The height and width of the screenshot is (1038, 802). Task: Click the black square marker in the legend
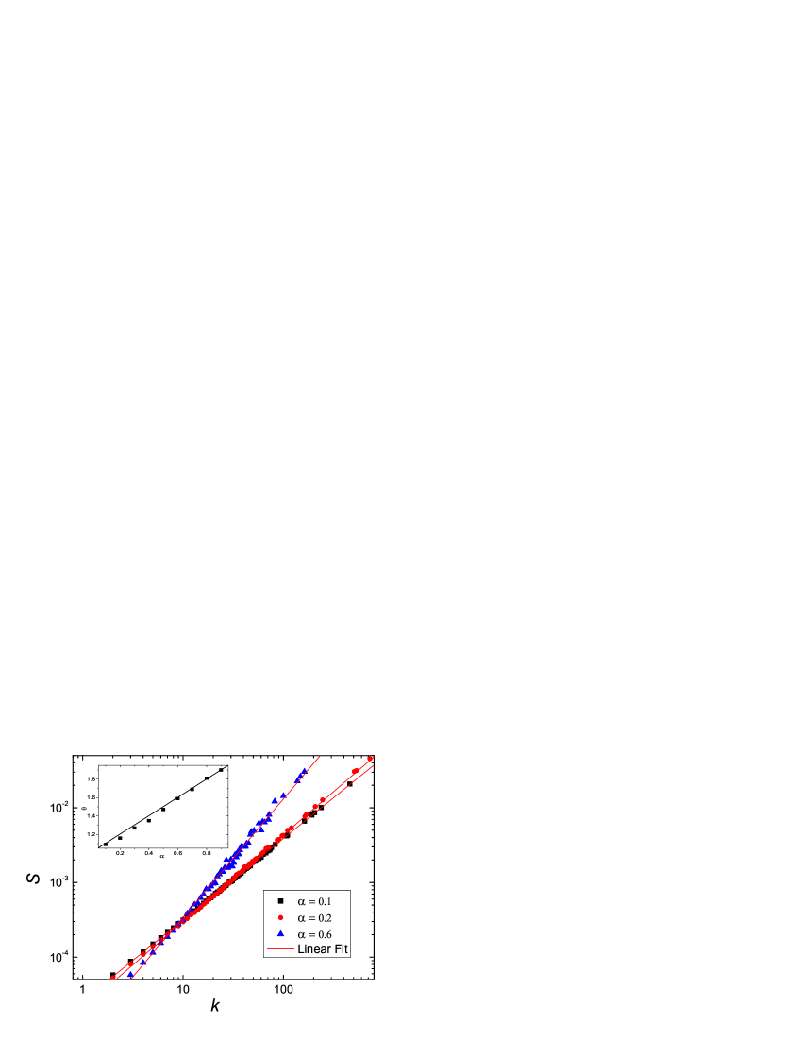(x=280, y=901)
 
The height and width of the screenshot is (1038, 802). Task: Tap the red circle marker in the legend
(x=280, y=917)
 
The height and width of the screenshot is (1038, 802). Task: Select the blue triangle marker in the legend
(x=280, y=933)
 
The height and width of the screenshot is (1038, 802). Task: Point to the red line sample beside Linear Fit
(x=280, y=948)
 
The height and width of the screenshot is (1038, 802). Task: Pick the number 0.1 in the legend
(x=324, y=901)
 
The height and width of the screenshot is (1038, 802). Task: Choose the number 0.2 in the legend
(x=324, y=917)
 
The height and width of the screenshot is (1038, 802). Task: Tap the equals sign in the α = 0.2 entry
(x=312, y=917)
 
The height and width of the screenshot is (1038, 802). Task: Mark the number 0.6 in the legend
(x=324, y=933)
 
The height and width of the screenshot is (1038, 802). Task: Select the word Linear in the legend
(x=313, y=948)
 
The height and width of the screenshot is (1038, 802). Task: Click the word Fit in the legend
(x=341, y=948)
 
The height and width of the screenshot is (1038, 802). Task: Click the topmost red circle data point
(x=370, y=759)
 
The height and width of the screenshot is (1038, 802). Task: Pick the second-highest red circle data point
(x=355, y=771)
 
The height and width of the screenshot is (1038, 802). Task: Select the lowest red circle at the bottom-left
(x=112, y=978)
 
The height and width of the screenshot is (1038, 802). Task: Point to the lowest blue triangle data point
(x=130, y=974)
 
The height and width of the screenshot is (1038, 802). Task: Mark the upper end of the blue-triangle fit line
(x=321, y=756)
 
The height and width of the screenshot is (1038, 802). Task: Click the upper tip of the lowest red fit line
(x=375, y=766)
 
